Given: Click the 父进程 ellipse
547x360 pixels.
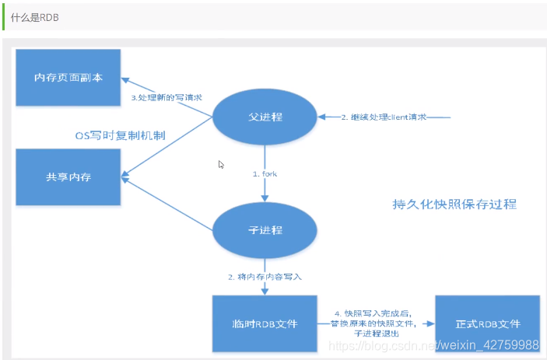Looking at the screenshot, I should [x=265, y=117].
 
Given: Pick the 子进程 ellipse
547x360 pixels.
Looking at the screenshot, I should [x=265, y=230].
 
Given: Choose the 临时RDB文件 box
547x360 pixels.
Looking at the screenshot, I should [x=265, y=323].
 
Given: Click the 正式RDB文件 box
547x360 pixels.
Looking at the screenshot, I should [x=487, y=323].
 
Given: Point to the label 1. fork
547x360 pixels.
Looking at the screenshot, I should [x=265, y=173].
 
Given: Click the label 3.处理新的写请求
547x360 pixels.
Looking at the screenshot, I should [x=167, y=98].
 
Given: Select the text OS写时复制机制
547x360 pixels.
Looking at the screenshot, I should [x=121, y=135].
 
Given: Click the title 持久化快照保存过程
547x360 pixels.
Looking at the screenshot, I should [x=454, y=204].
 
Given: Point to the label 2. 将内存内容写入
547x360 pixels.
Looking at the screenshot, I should [x=265, y=276].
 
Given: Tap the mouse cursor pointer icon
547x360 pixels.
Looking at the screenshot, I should [x=221, y=164].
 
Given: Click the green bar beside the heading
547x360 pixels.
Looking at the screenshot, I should [x=4, y=17].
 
